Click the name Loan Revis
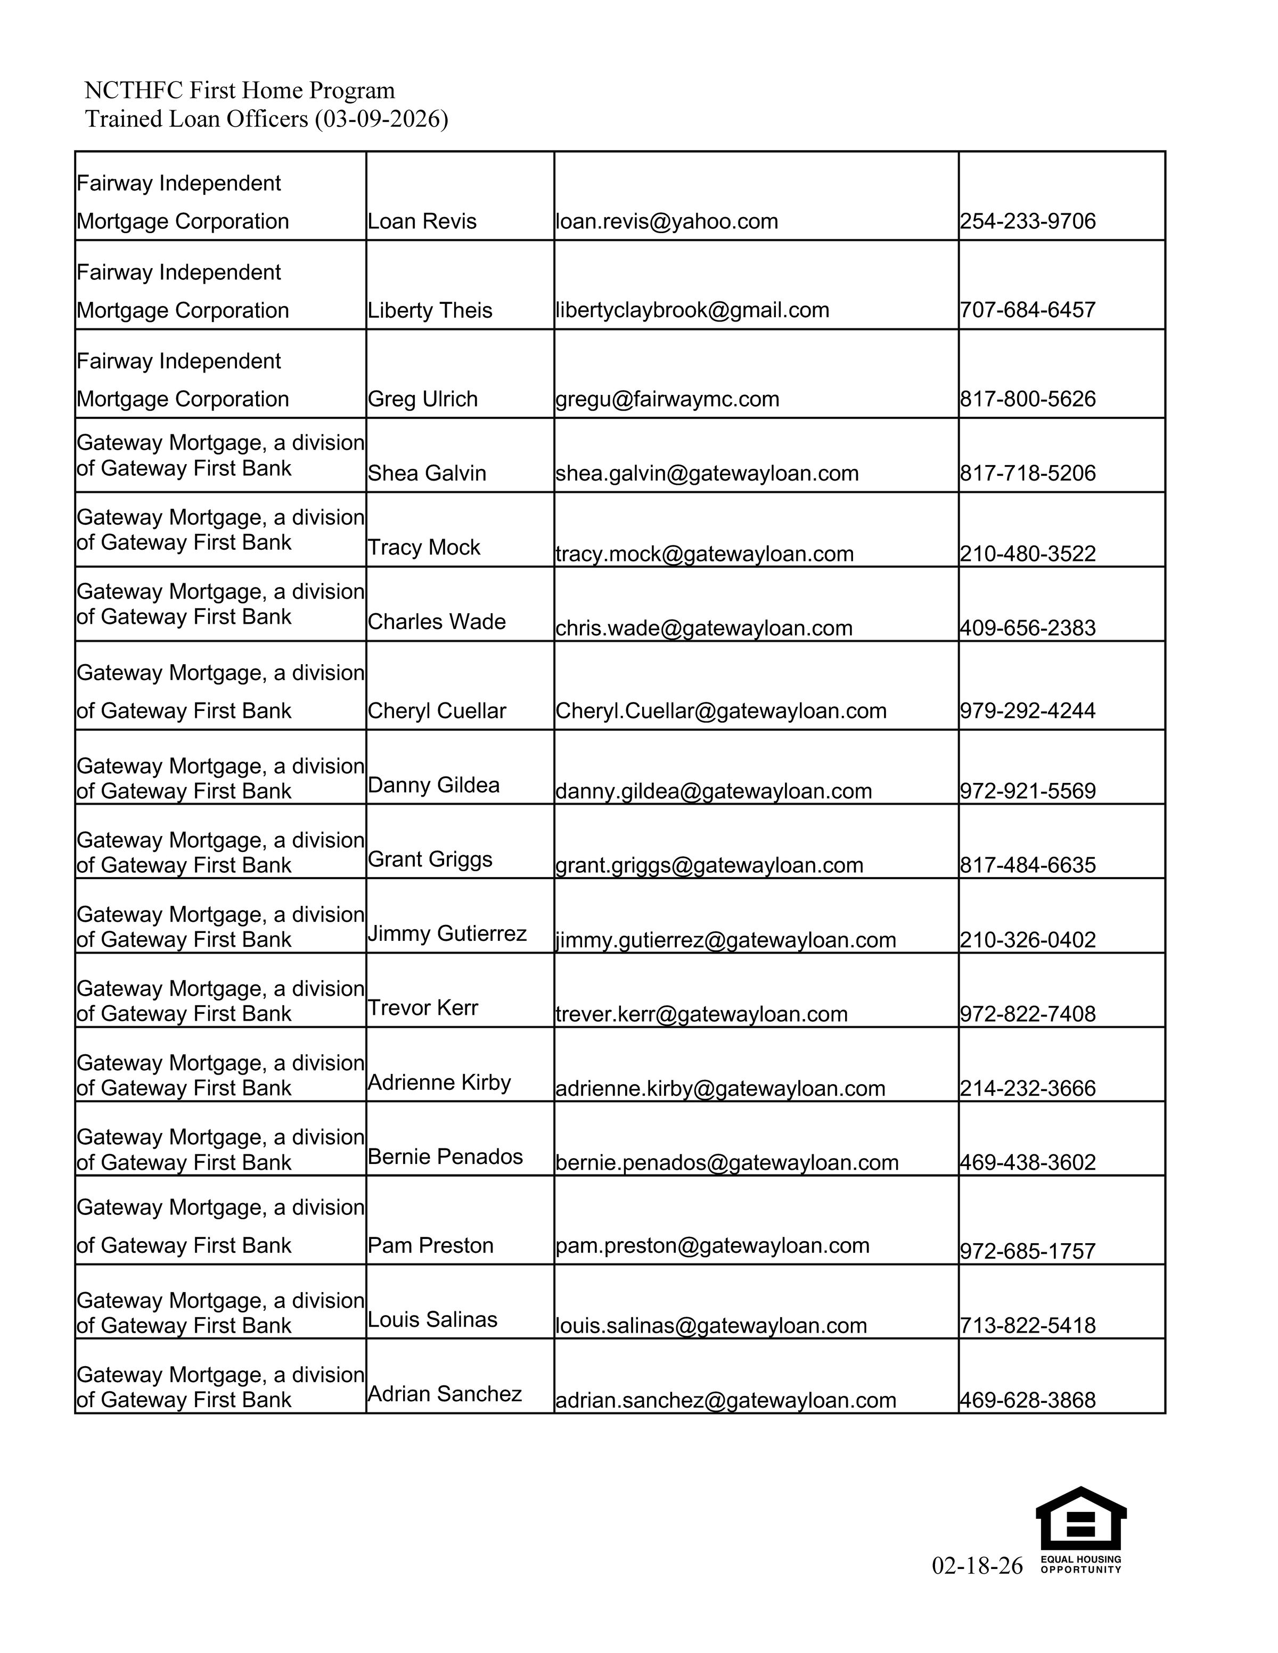coord(422,221)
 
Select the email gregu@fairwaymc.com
coord(667,399)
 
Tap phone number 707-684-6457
coord(1027,310)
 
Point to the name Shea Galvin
coord(426,473)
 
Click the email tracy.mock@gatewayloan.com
coord(704,553)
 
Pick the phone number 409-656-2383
coord(1027,627)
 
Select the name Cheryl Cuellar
coord(436,710)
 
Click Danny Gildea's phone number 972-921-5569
coord(1027,791)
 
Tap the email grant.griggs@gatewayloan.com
coord(709,865)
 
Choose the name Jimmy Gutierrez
coord(447,933)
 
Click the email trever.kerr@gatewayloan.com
coord(701,1013)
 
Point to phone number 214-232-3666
coord(1027,1088)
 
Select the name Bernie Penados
coord(445,1156)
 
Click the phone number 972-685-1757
coord(1027,1251)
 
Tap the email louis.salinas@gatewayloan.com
coord(711,1325)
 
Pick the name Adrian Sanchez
coord(445,1393)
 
